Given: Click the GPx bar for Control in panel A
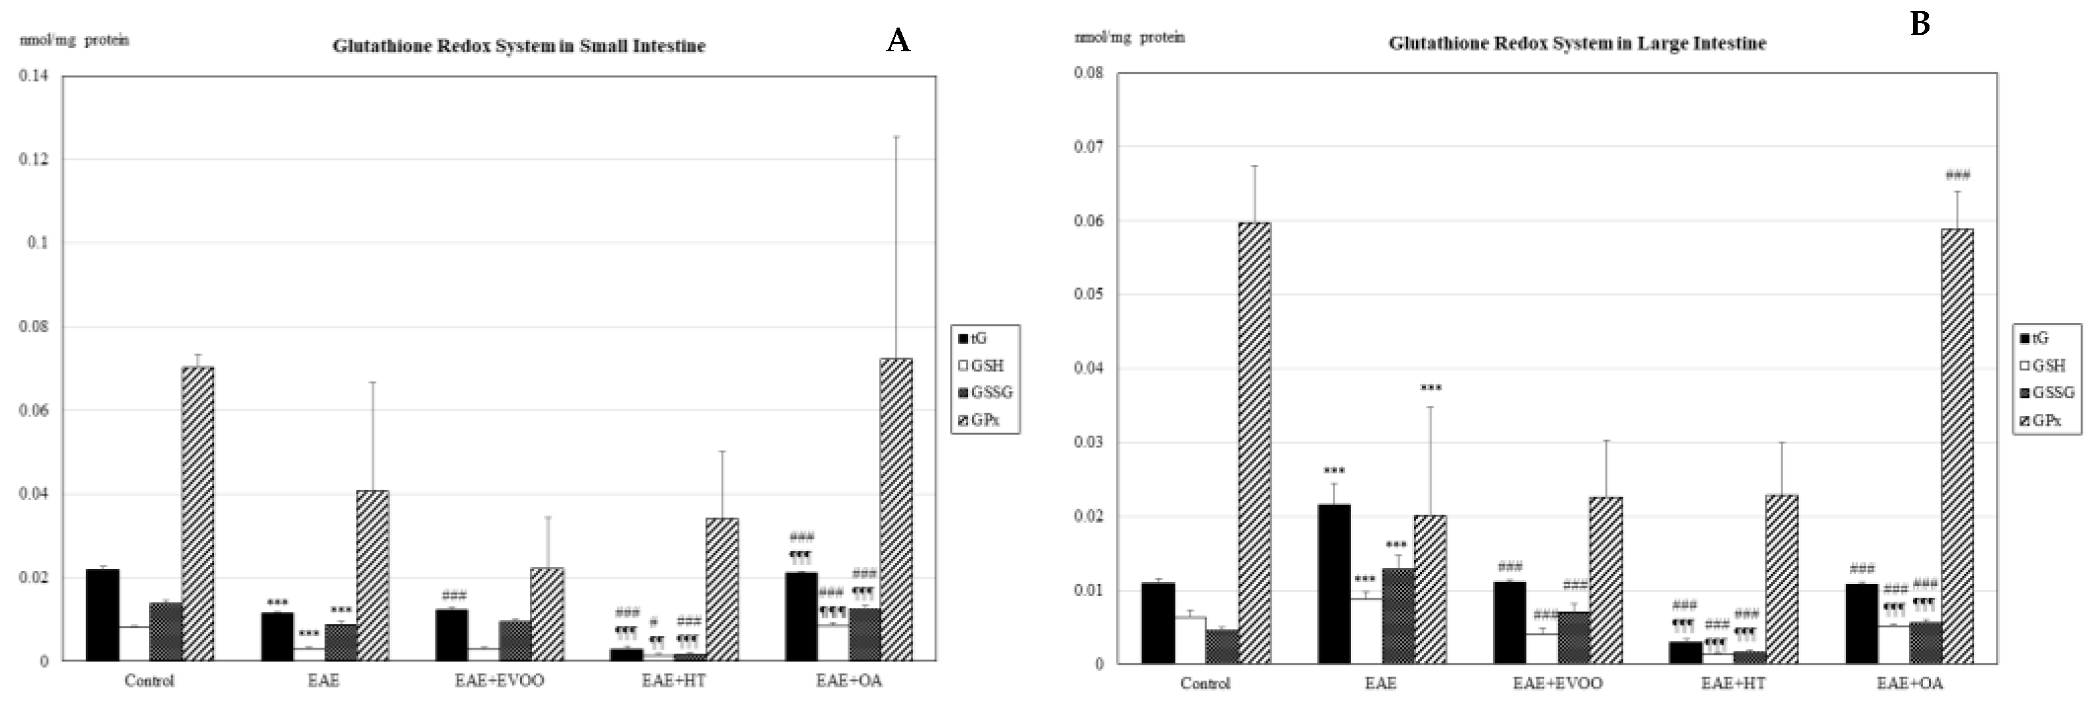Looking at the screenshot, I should pyautogui.click(x=198, y=513).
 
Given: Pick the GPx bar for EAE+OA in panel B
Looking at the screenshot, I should pyautogui.click(x=1957, y=445).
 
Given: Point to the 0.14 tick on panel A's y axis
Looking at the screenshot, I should pyautogui.click(x=33, y=76).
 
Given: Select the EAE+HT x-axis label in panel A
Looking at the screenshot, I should pyautogui.click(x=673, y=681).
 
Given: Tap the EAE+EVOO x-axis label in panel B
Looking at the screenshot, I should pyautogui.click(x=1557, y=683).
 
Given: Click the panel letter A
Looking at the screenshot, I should pyautogui.click(x=897, y=40).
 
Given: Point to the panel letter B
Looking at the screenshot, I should pyautogui.click(x=1920, y=24).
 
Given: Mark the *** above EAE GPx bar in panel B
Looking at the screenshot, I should pyautogui.click(x=1430, y=388).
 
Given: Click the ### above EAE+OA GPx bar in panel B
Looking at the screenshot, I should pyautogui.click(x=1957, y=175).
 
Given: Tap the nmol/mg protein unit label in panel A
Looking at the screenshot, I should pyautogui.click(x=74, y=40).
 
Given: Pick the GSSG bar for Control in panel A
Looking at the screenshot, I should pyautogui.click(x=166, y=631).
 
